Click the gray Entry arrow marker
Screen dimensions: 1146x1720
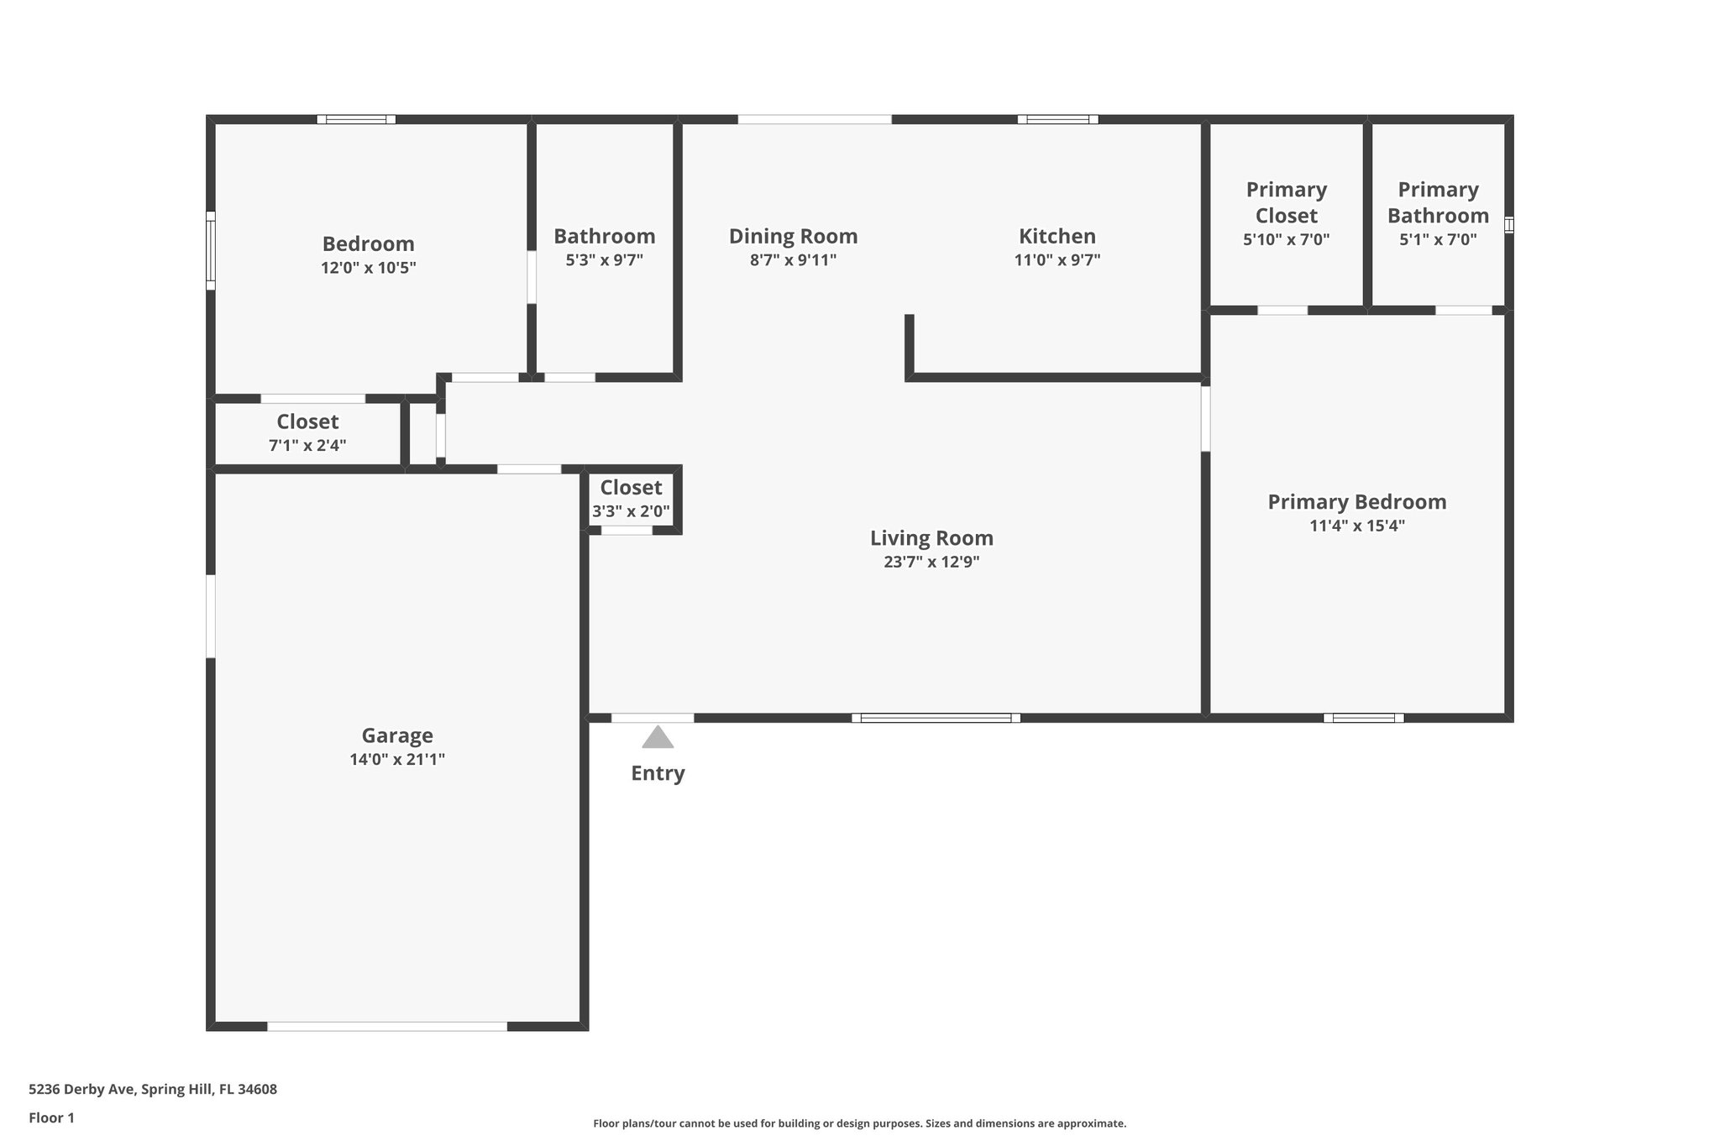tap(658, 737)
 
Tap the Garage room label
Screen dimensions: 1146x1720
tap(397, 735)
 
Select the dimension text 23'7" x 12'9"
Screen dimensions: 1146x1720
tap(931, 562)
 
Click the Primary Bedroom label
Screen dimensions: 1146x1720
tap(1356, 502)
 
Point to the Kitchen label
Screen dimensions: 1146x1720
tap(1057, 236)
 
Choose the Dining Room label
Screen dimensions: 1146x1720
tap(793, 236)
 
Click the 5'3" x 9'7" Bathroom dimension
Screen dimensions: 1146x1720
tap(604, 260)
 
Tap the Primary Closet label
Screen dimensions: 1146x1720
tap(1286, 202)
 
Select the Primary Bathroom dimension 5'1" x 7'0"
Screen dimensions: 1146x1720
tap(1438, 239)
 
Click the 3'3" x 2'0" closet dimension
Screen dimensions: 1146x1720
tap(631, 510)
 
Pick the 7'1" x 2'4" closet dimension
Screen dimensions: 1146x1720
tap(307, 445)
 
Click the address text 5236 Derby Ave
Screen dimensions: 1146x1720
tap(81, 1090)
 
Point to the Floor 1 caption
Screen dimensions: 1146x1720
tap(51, 1117)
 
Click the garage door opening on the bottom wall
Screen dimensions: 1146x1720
tap(387, 1026)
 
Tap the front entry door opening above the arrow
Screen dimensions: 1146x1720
tap(653, 718)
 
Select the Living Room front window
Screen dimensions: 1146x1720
tap(936, 718)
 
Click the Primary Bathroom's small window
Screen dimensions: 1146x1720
tap(1508, 225)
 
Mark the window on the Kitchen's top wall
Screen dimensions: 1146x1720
tap(1057, 119)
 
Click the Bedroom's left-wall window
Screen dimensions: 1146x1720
tap(211, 250)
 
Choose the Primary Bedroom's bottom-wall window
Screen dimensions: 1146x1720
tap(1363, 718)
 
